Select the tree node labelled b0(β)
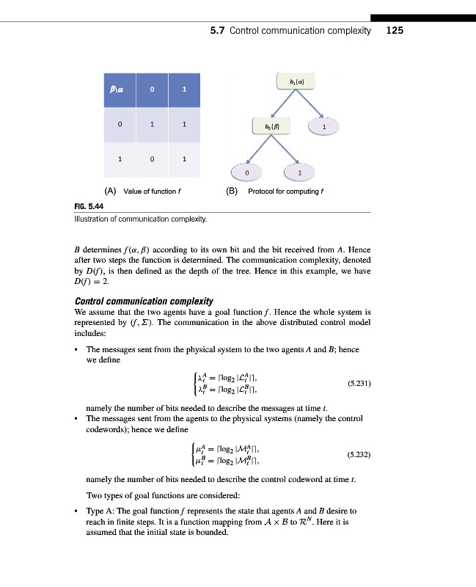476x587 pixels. [x=272, y=125]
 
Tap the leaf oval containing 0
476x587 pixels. [x=247, y=172]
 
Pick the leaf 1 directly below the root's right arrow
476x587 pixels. [x=323, y=126]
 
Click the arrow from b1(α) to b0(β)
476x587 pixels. [x=285, y=103]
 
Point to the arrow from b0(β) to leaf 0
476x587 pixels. [x=258, y=150]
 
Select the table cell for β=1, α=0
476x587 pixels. [x=152, y=158]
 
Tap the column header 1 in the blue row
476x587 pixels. [x=184, y=90]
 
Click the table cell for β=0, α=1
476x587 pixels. [x=184, y=125]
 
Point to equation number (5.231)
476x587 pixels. [x=356, y=383]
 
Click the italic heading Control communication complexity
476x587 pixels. [x=144, y=301]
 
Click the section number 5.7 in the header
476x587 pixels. [x=217, y=31]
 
